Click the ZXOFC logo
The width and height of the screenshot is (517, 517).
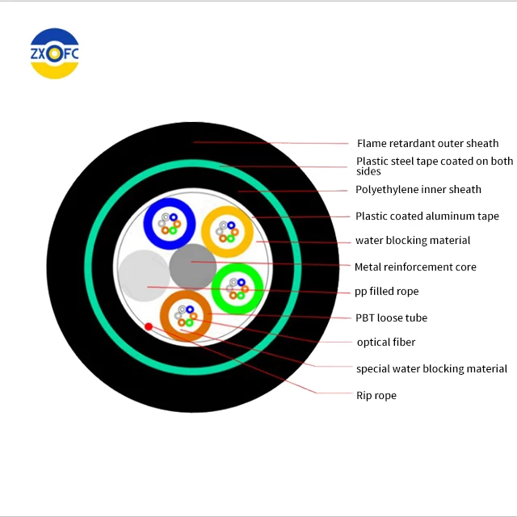point(54,54)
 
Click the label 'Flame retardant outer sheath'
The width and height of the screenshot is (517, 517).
point(427,144)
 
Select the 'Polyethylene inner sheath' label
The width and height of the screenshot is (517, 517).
point(418,190)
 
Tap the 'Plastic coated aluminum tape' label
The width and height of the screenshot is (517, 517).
point(427,216)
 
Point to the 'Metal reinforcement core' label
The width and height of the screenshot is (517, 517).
point(415,267)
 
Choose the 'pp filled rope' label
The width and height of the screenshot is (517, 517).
point(387,292)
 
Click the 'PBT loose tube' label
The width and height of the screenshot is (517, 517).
point(391,318)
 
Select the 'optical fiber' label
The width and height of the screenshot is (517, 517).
point(385,343)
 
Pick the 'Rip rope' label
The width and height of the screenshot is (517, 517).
point(376,396)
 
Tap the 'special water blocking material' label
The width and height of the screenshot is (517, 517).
point(431,369)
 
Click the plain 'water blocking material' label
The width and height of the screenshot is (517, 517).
point(412,241)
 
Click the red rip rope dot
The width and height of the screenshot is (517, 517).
point(149,326)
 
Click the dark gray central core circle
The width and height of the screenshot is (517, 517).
point(193,266)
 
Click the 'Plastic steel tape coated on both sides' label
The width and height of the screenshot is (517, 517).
point(434,166)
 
